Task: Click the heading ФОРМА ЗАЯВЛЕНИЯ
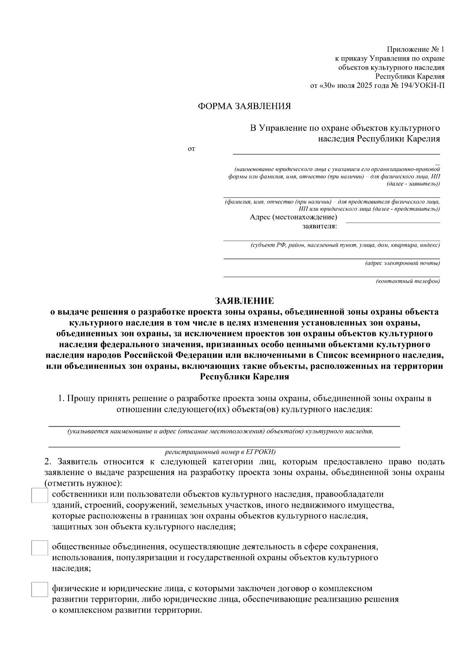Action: (x=244, y=106)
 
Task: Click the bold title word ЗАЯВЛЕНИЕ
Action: (x=244, y=301)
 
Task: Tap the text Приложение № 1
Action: (x=415, y=50)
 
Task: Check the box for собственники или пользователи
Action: (x=39, y=496)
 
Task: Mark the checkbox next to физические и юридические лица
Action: (x=39, y=589)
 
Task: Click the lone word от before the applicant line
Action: (x=191, y=149)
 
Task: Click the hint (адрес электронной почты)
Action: (x=402, y=263)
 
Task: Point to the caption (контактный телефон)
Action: (x=408, y=281)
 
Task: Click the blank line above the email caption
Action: (x=332, y=259)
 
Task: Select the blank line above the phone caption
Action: (x=332, y=277)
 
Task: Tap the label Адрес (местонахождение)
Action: (x=293, y=217)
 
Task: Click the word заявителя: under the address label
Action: (x=320, y=226)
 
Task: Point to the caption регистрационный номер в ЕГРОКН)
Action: (x=220, y=452)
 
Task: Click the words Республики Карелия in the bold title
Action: (x=244, y=376)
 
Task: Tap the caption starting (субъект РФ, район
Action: (x=345, y=245)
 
